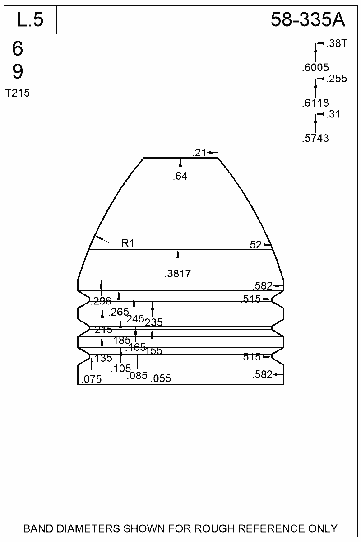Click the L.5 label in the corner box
click(30, 20)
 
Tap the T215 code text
click(18, 93)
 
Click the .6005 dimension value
click(315, 68)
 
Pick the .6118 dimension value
click(315, 103)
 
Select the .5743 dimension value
click(315, 139)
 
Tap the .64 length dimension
click(180, 177)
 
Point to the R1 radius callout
click(128, 243)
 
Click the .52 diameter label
click(255, 245)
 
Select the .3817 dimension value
click(178, 273)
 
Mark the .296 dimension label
click(101, 302)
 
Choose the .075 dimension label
click(91, 379)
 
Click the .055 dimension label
click(161, 378)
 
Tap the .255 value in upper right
click(337, 79)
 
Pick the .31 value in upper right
click(333, 114)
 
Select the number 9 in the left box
click(18, 71)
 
